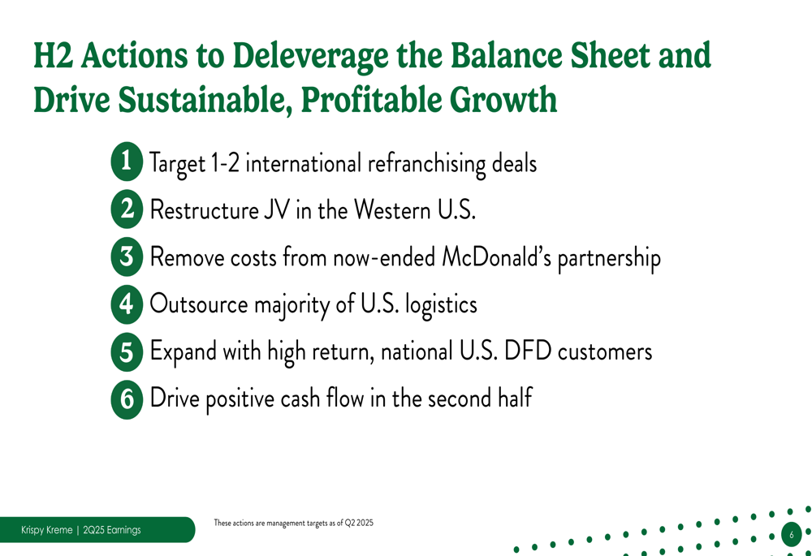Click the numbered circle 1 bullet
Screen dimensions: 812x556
(x=127, y=162)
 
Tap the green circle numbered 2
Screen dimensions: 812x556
(x=127, y=209)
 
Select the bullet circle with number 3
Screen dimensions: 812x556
(x=127, y=256)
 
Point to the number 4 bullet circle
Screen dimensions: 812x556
(x=127, y=304)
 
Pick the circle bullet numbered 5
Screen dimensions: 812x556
(x=127, y=352)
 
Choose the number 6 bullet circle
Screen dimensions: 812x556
(x=127, y=399)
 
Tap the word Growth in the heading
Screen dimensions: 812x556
(x=503, y=99)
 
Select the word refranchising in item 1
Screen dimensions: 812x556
(x=427, y=164)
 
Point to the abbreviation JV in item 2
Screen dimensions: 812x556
(x=277, y=210)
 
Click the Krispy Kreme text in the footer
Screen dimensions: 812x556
(x=46, y=530)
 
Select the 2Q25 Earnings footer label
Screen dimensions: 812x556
(x=112, y=530)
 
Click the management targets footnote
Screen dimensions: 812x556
(x=294, y=523)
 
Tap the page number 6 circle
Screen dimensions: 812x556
(x=791, y=535)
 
